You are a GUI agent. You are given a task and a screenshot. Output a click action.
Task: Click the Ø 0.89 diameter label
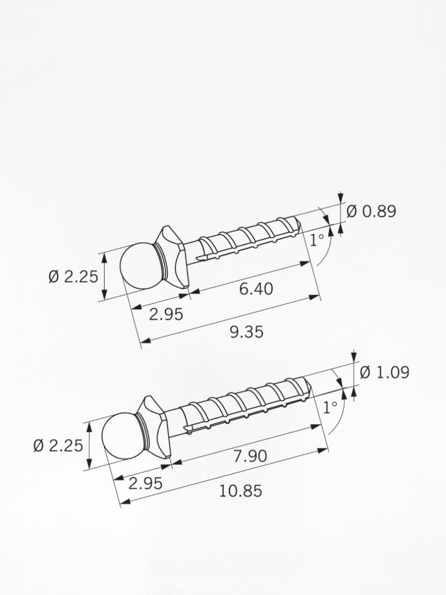371,211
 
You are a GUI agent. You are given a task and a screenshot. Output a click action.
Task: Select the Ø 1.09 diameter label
384,373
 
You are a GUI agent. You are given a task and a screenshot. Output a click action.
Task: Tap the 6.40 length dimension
256,289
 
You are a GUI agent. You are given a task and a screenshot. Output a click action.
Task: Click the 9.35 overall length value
247,332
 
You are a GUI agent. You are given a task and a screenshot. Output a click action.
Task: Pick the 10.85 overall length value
240,491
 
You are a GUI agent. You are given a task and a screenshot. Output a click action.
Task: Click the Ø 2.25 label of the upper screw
73,277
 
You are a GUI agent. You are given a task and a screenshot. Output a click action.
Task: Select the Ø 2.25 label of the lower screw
58,446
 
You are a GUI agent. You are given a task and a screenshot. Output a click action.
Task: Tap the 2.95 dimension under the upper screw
166,314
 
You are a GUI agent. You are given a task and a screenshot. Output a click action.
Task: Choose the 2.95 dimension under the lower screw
145,483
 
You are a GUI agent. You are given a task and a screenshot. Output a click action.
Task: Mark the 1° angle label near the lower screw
330,407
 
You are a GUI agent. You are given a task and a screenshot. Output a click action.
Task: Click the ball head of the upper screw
140,265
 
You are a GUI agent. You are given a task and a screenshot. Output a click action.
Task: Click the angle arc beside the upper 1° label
328,249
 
